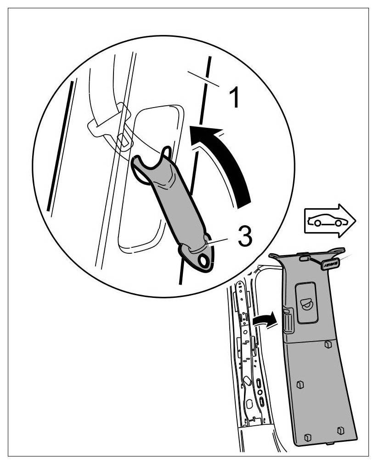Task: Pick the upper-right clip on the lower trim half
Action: pos(328,344)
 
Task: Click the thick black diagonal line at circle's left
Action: pos(61,147)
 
